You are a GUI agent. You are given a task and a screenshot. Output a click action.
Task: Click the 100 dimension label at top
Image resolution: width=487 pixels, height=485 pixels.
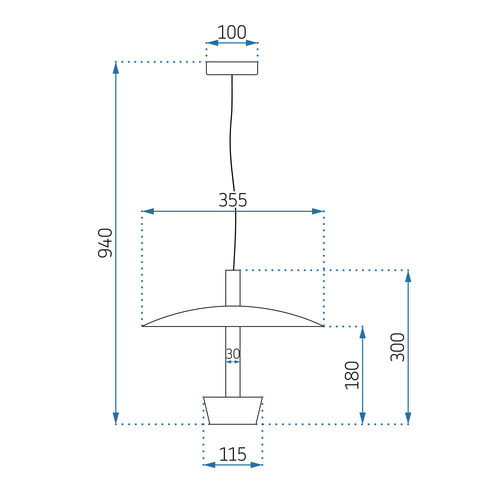231,32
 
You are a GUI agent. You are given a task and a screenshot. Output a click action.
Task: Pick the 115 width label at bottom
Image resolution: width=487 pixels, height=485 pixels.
232,454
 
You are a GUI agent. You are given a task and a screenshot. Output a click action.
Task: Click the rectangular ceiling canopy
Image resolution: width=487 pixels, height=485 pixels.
232,68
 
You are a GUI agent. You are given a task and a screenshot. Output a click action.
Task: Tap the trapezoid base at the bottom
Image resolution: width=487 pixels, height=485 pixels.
233,410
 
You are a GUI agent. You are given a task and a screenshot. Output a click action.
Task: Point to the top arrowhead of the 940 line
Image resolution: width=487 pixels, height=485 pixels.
116,68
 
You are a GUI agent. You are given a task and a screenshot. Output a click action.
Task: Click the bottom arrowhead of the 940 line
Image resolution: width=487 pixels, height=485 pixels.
116,418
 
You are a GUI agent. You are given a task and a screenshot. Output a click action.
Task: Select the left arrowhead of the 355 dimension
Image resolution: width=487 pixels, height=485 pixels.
148,211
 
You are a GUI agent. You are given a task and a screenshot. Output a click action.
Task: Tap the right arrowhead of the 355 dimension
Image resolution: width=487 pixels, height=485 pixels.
317,211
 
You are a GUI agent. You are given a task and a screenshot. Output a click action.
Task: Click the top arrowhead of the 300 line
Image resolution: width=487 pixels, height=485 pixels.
408,276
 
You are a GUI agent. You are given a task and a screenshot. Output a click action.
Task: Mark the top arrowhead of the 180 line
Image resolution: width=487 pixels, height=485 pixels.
362,333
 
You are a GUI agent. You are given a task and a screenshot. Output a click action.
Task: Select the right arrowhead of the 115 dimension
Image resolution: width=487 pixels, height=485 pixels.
256,465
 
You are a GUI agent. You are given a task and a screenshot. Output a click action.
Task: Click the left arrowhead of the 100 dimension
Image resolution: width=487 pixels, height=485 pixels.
213,43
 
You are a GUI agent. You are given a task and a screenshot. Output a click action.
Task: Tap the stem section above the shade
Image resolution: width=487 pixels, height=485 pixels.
233,288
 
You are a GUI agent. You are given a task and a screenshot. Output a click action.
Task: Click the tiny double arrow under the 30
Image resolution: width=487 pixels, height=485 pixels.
233,362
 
